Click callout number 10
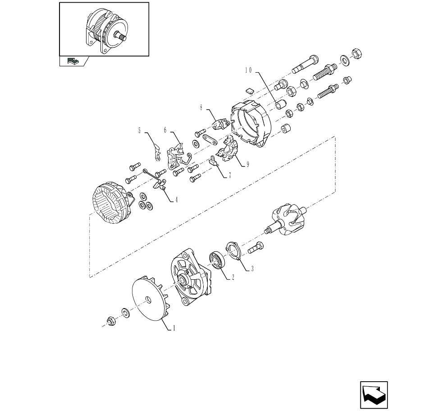[x=248, y=70]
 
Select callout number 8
[x=201, y=108]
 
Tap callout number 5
[x=139, y=131]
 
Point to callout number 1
[x=173, y=328]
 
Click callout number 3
[x=252, y=268]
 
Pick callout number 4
[x=177, y=200]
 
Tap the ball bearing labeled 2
[x=217, y=260]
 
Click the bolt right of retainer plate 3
[x=255, y=247]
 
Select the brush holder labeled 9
[x=228, y=150]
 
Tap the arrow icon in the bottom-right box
[x=374, y=395]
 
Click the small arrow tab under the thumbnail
[x=73, y=61]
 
